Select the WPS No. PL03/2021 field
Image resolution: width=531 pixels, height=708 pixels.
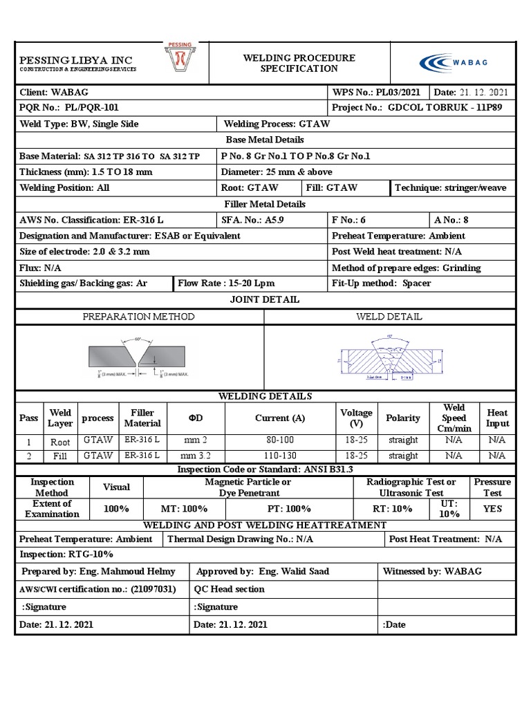[x=375, y=92]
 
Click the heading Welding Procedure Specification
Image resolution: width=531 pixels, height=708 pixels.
[x=299, y=63]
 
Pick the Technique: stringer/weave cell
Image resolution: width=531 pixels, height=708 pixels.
[x=450, y=187]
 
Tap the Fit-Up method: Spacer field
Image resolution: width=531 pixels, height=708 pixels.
[x=381, y=283]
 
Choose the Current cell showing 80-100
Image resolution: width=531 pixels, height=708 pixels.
[x=279, y=440]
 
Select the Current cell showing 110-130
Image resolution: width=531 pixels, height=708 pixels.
[x=279, y=456]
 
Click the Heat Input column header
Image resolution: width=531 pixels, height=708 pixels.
[x=497, y=418]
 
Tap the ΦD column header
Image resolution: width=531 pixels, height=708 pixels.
[x=196, y=418]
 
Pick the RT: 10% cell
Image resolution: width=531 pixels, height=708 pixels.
[x=393, y=509]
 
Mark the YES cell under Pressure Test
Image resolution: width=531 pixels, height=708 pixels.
[x=492, y=509]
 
